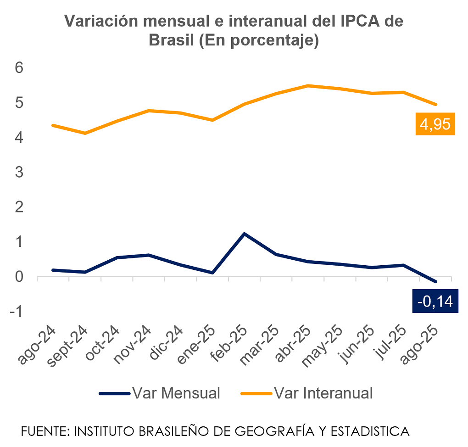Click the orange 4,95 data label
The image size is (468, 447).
pos(435,124)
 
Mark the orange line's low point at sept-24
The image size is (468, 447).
pos(85,133)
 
